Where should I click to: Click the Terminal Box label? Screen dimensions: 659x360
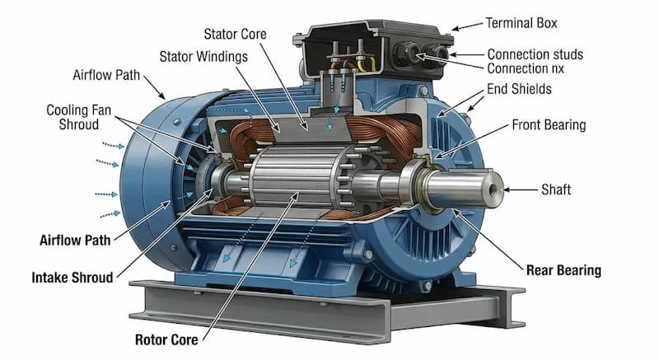(521, 23)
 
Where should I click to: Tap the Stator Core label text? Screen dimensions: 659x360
(235, 34)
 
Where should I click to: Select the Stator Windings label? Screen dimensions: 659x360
(203, 57)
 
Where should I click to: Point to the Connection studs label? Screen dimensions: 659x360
(535, 54)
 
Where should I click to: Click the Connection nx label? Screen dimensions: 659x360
(526, 68)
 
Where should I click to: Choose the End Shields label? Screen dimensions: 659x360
(519, 89)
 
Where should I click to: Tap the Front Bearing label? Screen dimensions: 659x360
(549, 124)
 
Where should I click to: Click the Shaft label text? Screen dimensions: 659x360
(555, 189)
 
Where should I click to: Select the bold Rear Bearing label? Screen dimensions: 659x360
(563, 270)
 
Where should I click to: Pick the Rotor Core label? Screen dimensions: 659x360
(166, 340)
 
